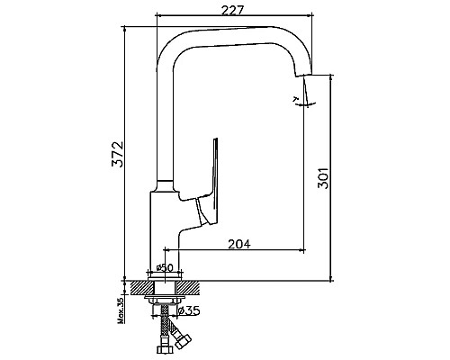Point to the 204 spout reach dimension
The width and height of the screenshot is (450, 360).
tap(239, 243)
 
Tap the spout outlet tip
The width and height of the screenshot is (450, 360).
tap(310, 79)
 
